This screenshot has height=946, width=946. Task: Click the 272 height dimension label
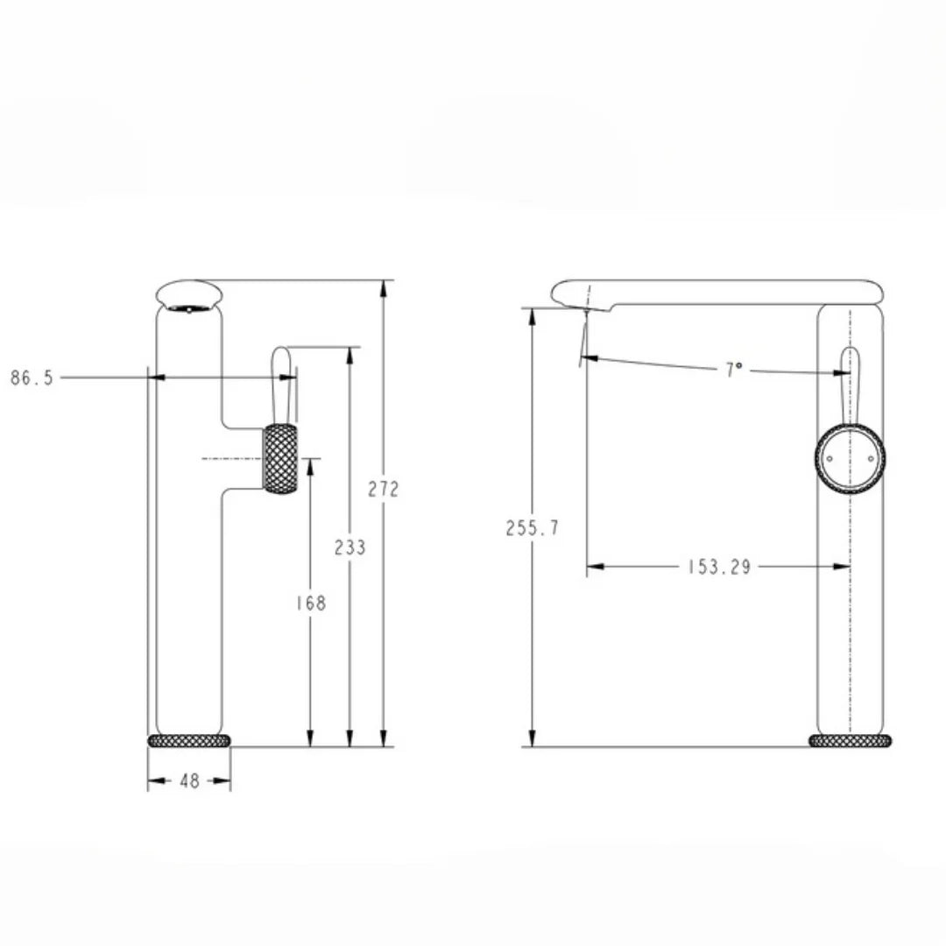(384, 489)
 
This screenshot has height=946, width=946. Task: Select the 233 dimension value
(349, 547)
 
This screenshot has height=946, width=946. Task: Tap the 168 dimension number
(311, 603)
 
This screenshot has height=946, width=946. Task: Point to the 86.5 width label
(32, 378)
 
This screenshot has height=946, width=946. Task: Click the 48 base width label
(189, 780)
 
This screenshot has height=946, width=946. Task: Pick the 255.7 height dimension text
(533, 528)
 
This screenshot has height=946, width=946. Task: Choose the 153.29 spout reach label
(719, 567)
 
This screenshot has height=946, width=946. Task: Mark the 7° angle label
(734, 370)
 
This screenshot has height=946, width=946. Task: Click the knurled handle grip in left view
(280, 458)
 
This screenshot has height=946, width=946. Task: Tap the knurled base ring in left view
(189, 740)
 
